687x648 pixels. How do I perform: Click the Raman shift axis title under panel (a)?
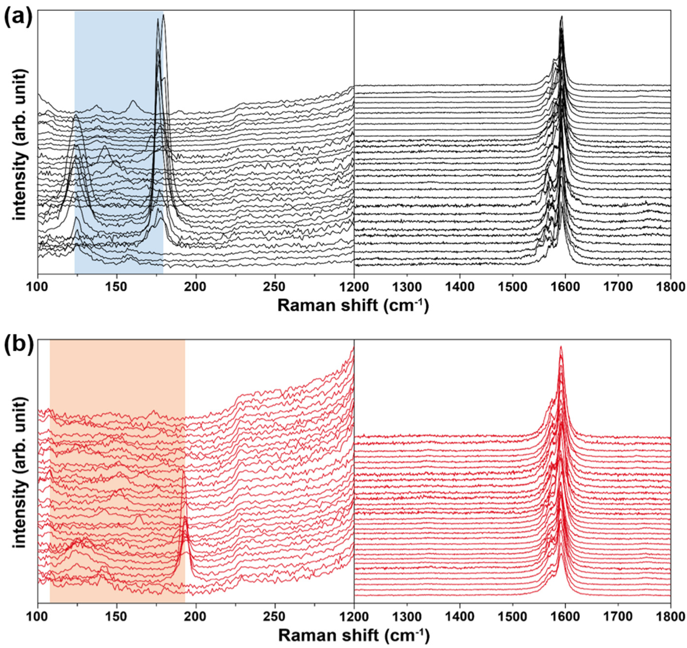pos(353,305)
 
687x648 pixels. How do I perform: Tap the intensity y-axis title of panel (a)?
pos(20,145)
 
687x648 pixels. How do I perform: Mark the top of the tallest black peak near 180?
pos(163,15)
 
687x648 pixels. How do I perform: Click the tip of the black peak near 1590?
pos(561,16)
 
